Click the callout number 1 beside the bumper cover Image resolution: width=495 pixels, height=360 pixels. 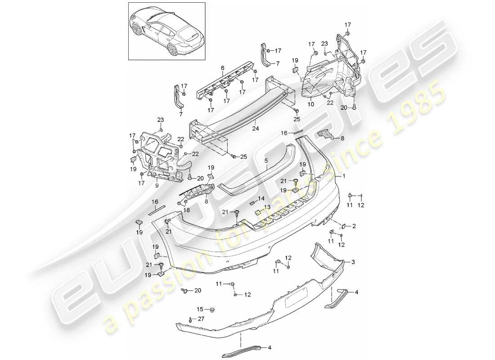click(x=344, y=177)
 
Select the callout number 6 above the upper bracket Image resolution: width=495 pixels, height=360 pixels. click(x=222, y=68)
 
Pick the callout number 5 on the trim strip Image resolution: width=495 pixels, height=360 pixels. click(x=266, y=160)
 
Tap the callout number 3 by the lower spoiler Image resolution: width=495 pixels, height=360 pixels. click(x=353, y=261)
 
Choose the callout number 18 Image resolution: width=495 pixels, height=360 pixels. click(x=187, y=210)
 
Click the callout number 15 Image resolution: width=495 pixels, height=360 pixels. click(x=200, y=309)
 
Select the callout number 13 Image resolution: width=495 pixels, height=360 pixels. click(x=268, y=207)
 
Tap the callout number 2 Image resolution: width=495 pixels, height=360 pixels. click(x=354, y=226)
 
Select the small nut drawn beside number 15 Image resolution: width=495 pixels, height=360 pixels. click(x=212, y=310)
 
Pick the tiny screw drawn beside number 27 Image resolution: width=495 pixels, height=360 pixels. click(x=191, y=320)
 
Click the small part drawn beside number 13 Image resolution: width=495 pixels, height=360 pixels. click(x=258, y=209)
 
